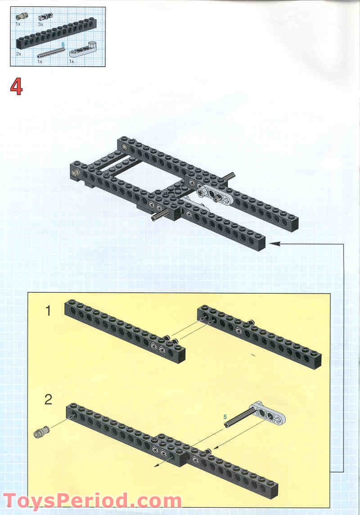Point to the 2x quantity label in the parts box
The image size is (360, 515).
pos(19,54)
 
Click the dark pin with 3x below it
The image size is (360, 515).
pos(45,17)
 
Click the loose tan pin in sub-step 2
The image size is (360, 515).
pos(42,433)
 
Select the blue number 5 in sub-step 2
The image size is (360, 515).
pos(225,417)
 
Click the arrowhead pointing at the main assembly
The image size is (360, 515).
pos(273,244)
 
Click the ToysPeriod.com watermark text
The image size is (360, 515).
pos(92,501)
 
